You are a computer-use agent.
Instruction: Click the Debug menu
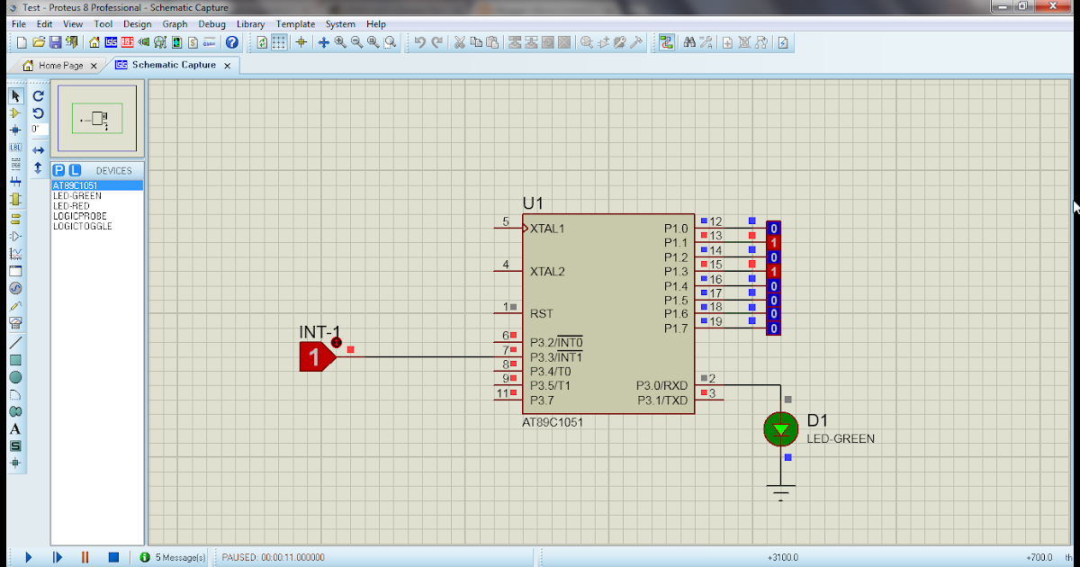click(212, 24)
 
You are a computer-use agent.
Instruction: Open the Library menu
click(250, 24)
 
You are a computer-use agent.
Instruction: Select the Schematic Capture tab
click(173, 66)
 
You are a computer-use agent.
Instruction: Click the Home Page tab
click(59, 66)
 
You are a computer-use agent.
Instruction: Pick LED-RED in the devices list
click(71, 206)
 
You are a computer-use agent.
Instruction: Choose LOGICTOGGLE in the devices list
click(82, 226)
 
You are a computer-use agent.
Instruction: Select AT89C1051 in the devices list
click(76, 186)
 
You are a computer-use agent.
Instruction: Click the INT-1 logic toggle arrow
click(316, 357)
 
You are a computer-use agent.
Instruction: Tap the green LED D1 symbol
click(780, 429)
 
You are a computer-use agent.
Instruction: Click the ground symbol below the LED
click(780, 490)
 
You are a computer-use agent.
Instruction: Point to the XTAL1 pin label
click(547, 229)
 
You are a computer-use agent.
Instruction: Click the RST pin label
click(542, 314)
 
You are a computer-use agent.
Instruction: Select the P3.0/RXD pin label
click(661, 385)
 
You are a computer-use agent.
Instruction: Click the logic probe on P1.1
click(773, 243)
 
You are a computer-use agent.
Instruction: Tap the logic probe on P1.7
click(773, 328)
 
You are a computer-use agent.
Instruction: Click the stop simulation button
click(113, 558)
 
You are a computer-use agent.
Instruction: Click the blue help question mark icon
click(232, 42)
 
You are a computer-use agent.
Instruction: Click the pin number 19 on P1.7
click(715, 321)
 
